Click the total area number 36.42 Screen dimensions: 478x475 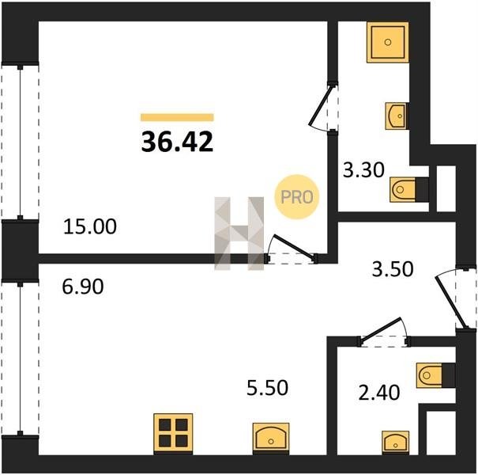177,142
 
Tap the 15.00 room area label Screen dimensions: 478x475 90,226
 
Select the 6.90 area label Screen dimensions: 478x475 83,287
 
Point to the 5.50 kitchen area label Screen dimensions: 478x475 267,388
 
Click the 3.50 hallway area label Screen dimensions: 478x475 393,269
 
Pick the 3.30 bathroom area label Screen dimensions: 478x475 363,170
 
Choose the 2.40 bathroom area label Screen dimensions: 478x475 379,393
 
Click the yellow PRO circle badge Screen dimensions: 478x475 297,197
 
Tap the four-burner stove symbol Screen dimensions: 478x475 173,433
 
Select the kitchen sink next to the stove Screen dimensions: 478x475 271,438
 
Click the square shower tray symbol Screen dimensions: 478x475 388,42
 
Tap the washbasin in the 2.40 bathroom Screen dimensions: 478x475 396,443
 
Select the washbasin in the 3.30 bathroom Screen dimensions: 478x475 397,116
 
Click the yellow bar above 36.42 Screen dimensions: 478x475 177,117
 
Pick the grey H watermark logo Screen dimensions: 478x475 239,234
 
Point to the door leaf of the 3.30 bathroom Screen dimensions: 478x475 320,105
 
